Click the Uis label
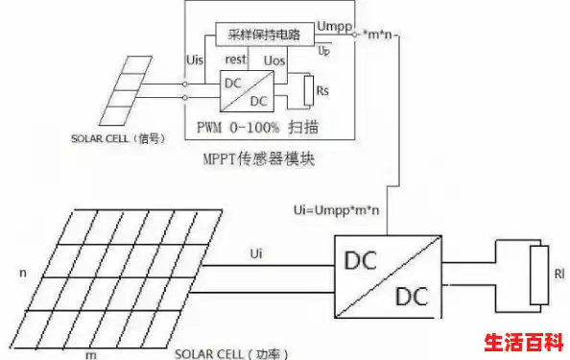tap(193, 60)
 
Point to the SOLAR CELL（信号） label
tap(113, 138)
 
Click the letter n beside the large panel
tap(21, 273)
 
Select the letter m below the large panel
tap(92, 354)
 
